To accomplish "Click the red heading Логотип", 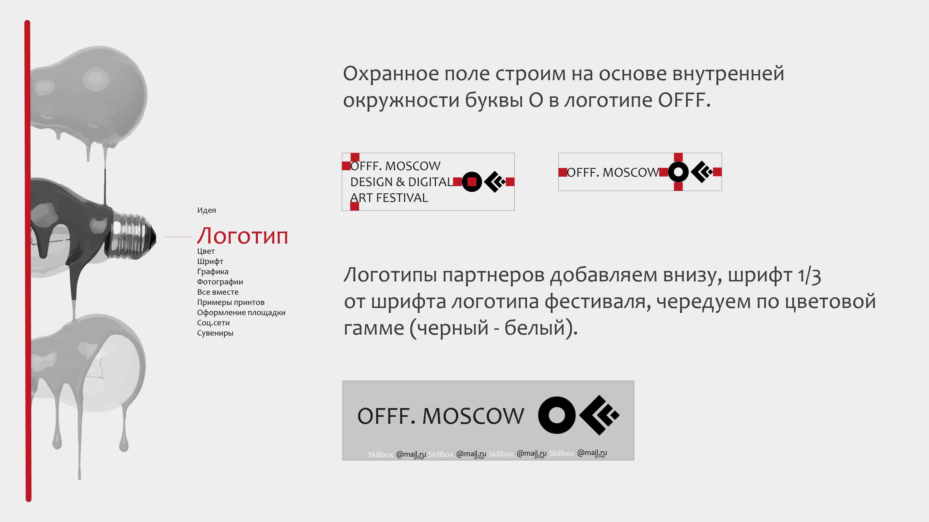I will coord(242,236).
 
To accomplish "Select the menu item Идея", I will coord(206,210).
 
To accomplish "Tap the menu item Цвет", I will coord(206,251).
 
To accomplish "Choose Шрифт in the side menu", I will coord(210,262).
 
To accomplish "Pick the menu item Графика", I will coord(213,272).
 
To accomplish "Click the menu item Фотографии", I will coord(220,282).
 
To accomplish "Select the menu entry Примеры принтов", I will coord(231,302).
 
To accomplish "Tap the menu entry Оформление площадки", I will coord(241,313).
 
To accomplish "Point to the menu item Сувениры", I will coord(215,333).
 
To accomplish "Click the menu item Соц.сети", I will coord(213,323).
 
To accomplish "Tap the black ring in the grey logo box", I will coord(557,415).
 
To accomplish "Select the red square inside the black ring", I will coord(472,182).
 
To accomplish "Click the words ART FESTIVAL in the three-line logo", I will coord(389,198).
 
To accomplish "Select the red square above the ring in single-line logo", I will coord(678,157).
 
